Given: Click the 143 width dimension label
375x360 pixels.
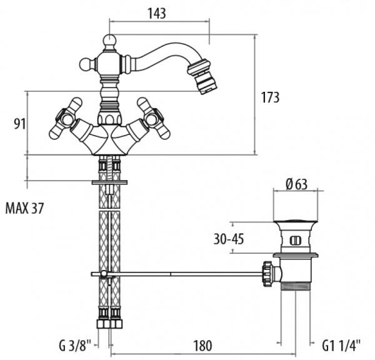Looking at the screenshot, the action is tap(157, 13).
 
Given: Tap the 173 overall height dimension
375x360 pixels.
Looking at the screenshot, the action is tap(270, 97).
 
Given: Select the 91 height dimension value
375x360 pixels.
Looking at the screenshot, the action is tap(19, 124).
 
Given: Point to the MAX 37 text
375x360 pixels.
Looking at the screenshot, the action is tap(24, 208).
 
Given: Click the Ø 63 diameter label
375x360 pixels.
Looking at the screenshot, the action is tap(296, 184).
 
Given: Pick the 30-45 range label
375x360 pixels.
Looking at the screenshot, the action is tap(229, 239).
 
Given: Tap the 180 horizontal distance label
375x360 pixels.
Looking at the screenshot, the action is tap(202, 346).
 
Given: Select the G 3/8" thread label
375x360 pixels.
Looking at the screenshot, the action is tap(75, 346).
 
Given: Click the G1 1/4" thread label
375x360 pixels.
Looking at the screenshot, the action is tap(341, 345).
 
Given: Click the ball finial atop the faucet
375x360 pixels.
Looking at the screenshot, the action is tap(109, 41).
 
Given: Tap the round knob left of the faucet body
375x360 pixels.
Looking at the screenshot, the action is tap(87, 64).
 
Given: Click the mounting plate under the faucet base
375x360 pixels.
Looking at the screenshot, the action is tap(109, 182).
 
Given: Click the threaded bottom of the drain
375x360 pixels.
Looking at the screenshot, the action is tap(296, 286).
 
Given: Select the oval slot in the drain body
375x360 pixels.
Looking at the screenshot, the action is tap(296, 240).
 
